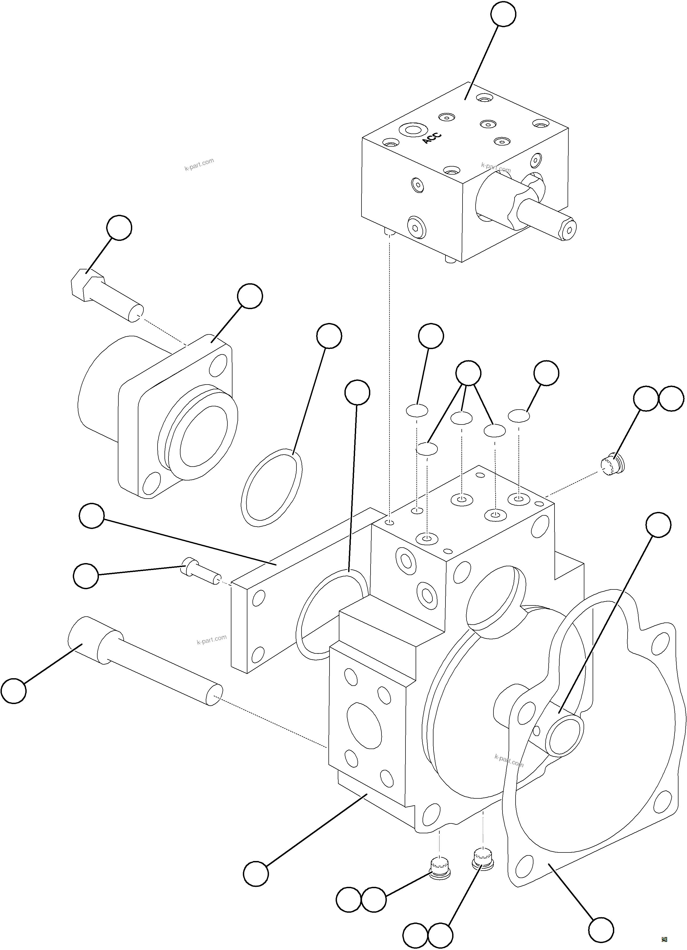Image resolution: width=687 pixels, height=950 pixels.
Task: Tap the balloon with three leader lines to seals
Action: coord(468,372)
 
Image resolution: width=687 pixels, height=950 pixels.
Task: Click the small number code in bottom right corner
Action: coord(664,940)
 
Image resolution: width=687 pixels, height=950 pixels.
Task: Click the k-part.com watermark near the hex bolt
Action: coord(199,165)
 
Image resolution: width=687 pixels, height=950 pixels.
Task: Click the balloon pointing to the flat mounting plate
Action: coord(92,516)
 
